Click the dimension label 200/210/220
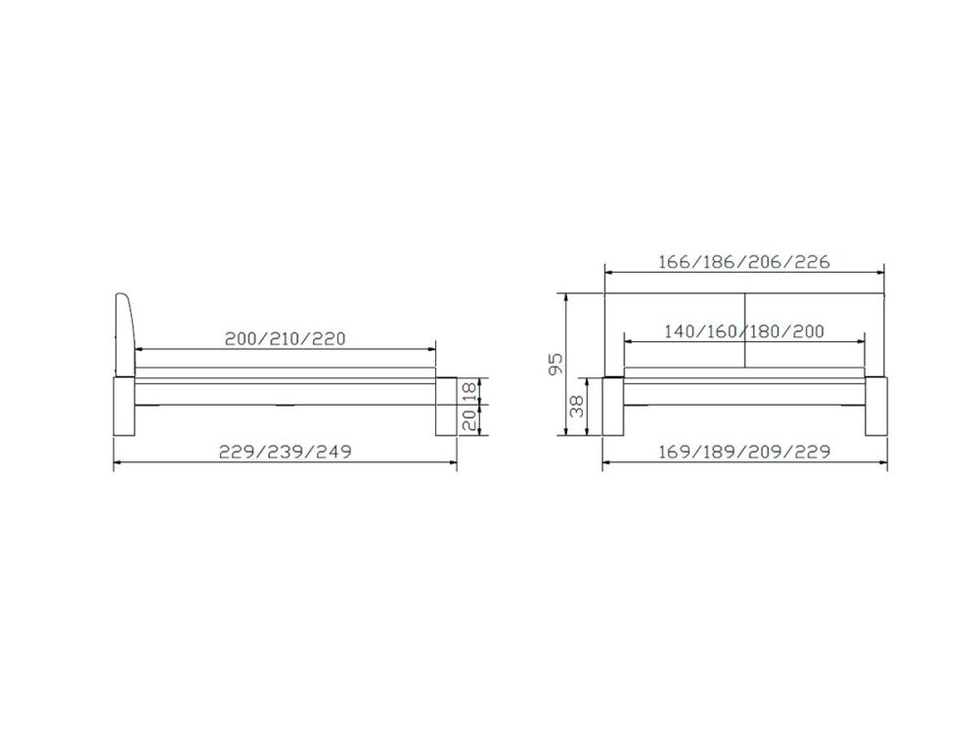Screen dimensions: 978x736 pos(285,339)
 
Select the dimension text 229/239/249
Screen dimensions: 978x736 pos(285,452)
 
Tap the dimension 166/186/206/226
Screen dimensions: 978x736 pos(744,262)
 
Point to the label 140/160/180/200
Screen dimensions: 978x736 pos(744,331)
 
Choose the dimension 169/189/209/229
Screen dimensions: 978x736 pos(744,452)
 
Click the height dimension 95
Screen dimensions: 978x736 pos(556,364)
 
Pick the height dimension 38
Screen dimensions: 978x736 pos(578,407)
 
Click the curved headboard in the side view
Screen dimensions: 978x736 pos(125,335)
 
